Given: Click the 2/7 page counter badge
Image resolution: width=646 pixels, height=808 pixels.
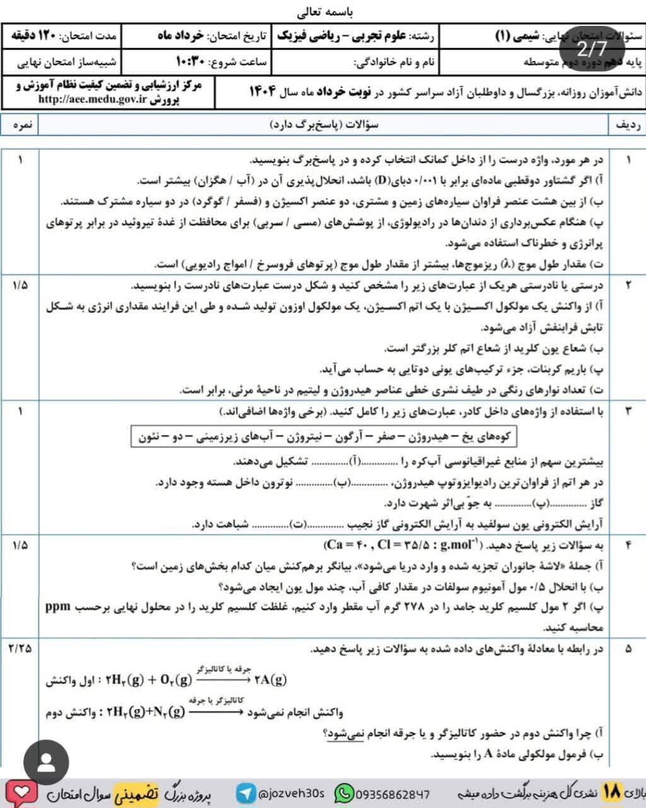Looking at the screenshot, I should [591, 47].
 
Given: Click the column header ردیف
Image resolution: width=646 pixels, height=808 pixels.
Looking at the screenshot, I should [626, 125].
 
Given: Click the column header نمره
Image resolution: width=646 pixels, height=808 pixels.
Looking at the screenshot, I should [19, 125].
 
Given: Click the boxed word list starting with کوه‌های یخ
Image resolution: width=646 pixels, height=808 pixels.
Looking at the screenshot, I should [322, 437].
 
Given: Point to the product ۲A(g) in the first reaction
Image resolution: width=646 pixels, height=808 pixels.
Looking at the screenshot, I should [271, 680].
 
